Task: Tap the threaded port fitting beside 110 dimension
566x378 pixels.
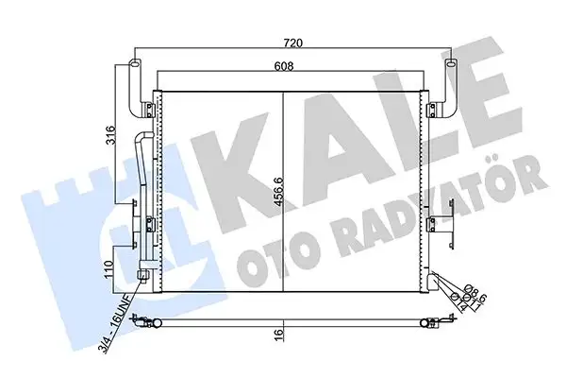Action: point(142,277)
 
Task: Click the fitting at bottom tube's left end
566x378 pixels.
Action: point(142,323)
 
